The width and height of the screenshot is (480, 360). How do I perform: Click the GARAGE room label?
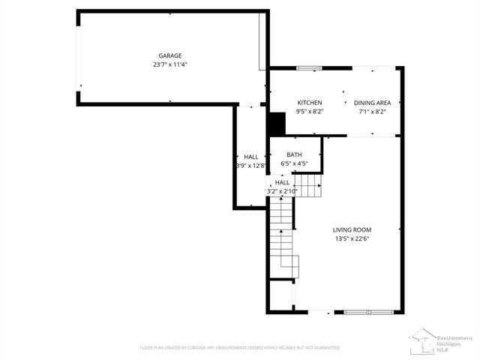pyautogui.click(x=169, y=55)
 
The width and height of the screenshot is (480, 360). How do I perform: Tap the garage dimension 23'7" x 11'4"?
pyautogui.click(x=169, y=64)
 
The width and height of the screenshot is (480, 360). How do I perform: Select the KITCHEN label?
pyautogui.click(x=310, y=103)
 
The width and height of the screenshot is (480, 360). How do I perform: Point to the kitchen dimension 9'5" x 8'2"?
pyautogui.click(x=310, y=112)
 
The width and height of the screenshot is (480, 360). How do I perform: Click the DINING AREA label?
pyautogui.click(x=372, y=103)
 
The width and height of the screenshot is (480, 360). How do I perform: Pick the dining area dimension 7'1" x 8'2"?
pyautogui.click(x=372, y=112)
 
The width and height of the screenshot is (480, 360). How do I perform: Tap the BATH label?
pyautogui.click(x=294, y=154)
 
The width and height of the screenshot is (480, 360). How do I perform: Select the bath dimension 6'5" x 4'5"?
pyautogui.click(x=294, y=163)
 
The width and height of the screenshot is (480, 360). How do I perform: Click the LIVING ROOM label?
pyautogui.click(x=352, y=230)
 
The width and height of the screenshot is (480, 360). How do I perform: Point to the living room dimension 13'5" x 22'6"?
pyautogui.click(x=352, y=239)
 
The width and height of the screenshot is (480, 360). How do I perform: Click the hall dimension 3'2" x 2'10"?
pyautogui.click(x=282, y=191)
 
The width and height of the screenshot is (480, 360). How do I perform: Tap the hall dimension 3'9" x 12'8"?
pyautogui.click(x=250, y=165)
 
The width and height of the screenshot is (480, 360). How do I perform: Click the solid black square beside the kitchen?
pyautogui.click(x=277, y=123)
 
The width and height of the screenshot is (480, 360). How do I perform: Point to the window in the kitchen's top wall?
pyautogui.click(x=307, y=68)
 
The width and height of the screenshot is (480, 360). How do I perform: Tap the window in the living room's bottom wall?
pyautogui.click(x=367, y=311)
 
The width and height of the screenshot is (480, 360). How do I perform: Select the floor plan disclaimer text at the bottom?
pyautogui.click(x=240, y=348)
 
